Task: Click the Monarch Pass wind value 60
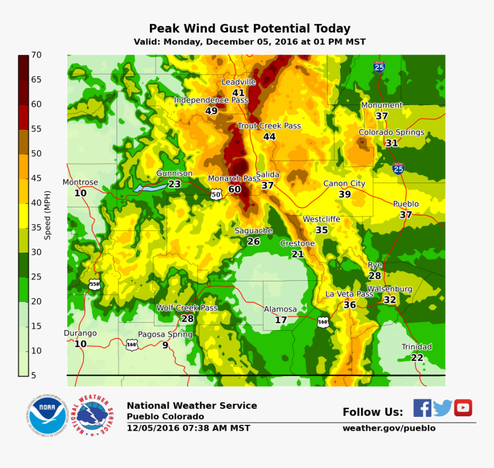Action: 234,189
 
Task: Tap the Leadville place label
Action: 238,82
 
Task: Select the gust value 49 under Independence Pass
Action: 211,111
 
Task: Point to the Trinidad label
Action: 416,347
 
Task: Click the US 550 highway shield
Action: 95,284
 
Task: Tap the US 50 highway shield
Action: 215,194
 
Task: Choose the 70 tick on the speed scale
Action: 36,55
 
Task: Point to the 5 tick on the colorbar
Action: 34,376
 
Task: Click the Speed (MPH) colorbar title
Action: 48,215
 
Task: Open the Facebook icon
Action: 422,408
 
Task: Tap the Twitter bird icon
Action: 442,408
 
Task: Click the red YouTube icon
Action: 463,408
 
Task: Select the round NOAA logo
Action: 47,415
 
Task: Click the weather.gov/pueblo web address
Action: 389,428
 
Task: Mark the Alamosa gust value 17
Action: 280,320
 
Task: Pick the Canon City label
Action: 344,184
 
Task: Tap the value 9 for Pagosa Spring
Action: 165,345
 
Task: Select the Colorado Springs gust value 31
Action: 392,143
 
